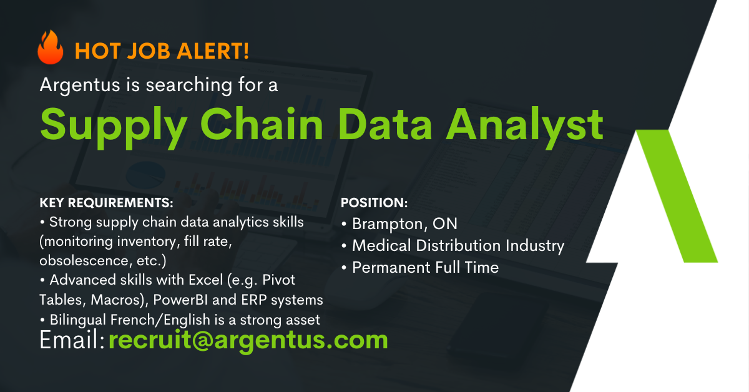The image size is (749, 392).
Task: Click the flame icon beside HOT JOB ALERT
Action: point(51,47)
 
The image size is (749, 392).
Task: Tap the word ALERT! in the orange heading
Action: point(213,51)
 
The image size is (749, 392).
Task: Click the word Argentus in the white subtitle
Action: point(80,86)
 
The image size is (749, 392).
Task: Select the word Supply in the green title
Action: point(114,127)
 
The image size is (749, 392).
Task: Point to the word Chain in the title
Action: point(262,124)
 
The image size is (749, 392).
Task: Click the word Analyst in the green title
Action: point(525,127)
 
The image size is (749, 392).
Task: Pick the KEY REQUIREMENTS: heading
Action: point(106,203)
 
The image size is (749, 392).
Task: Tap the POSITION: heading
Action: point(374,203)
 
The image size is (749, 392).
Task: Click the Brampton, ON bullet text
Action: point(404,224)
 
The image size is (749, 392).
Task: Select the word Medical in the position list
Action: point(381,245)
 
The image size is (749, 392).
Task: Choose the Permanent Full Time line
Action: point(425,268)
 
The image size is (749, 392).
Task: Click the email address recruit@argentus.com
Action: point(248,340)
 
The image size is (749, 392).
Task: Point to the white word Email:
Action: point(72,340)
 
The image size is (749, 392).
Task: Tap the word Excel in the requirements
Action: point(205,280)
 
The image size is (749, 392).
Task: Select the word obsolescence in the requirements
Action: point(84,260)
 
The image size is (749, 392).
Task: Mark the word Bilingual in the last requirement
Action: point(78,320)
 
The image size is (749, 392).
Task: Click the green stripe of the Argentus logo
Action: point(677,196)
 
